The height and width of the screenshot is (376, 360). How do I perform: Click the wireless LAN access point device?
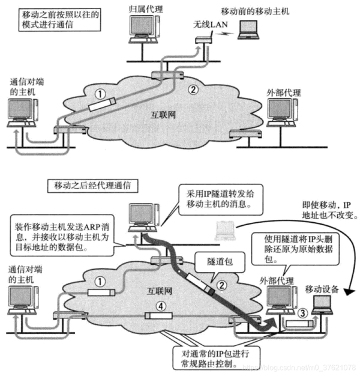click(x=203, y=41)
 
